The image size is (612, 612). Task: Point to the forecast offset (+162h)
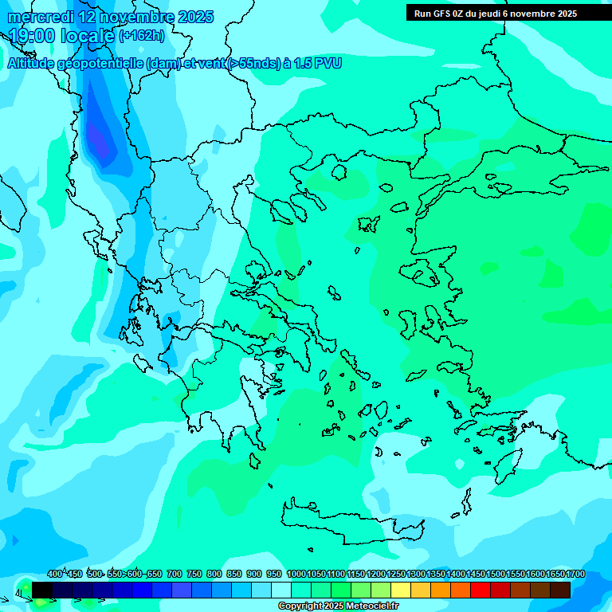pyautogui.click(x=142, y=36)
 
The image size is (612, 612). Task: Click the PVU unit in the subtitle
pyautogui.click(x=328, y=63)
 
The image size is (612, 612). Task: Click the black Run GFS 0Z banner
pyautogui.click(x=496, y=14)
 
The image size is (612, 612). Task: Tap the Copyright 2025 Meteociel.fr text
pyautogui.click(x=339, y=606)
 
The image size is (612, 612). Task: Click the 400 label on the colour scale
pyautogui.click(x=55, y=574)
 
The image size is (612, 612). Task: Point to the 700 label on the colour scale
pyautogui.click(x=174, y=574)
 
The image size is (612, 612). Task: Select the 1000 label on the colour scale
pyautogui.click(x=296, y=574)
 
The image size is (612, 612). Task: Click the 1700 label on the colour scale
pyautogui.click(x=575, y=574)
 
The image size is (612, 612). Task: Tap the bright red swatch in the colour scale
pyautogui.click(x=481, y=590)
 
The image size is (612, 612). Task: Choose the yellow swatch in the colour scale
pyautogui.click(x=401, y=590)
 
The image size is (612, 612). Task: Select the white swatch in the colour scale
pyautogui.click(x=281, y=590)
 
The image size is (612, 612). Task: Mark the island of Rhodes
pyautogui.click(x=507, y=465)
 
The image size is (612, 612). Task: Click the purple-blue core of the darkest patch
pyautogui.click(x=98, y=139)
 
